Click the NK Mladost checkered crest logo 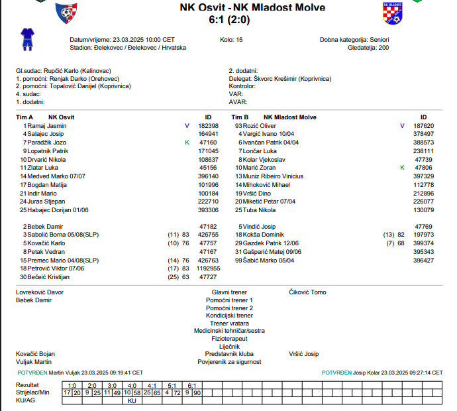[x=393, y=13]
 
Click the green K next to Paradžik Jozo [x=187, y=143]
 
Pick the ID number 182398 [x=208, y=125]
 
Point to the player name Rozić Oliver [x=259, y=125]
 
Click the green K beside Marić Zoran [x=402, y=168]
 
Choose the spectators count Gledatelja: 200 [x=368, y=48]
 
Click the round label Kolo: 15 [x=231, y=40]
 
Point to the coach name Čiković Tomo [x=307, y=292]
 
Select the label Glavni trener [x=229, y=292]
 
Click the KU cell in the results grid [x=132, y=401]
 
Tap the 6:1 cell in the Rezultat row [x=191, y=385]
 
